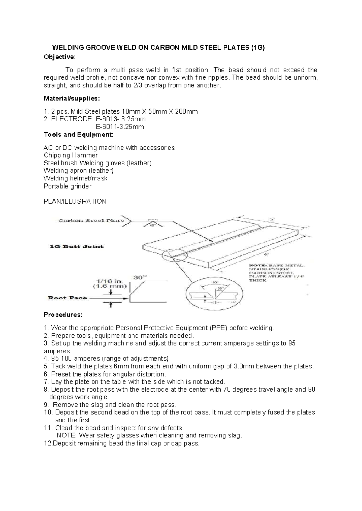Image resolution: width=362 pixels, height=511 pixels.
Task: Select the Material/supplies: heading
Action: (71, 99)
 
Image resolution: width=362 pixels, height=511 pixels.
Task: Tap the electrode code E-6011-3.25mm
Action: (119, 127)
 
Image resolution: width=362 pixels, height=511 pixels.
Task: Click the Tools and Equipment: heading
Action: (78, 135)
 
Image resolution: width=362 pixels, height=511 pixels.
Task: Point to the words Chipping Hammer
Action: (71, 155)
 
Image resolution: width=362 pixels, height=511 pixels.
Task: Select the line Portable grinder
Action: (67, 186)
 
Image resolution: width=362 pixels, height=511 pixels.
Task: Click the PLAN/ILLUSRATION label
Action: (75, 201)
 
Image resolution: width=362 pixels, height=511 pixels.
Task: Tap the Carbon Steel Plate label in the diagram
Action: (91, 221)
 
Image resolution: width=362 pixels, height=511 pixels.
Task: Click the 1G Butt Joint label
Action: (76, 246)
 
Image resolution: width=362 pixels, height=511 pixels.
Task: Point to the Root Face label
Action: (67, 298)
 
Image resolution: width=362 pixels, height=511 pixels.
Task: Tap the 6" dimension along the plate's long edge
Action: (266, 254)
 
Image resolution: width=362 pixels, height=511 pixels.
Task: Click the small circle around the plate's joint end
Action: (175, 256)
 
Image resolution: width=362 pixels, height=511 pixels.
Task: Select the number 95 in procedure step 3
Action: (291, 343)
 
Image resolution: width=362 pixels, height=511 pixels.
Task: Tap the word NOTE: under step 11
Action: (67, 435)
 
